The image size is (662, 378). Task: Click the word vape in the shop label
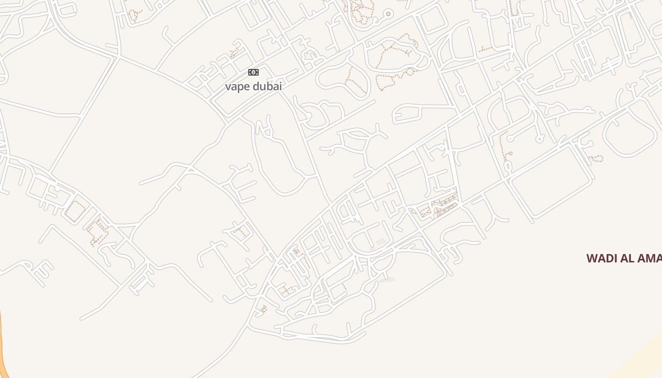[237, 87]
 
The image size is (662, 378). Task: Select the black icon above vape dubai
[253, 72]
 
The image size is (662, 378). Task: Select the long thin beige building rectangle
[387, 280]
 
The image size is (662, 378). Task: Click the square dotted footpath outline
[75, 211]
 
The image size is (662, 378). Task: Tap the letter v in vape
[228, 87]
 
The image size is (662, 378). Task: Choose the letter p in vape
[240, 88]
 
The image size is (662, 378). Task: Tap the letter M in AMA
[651, 258]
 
